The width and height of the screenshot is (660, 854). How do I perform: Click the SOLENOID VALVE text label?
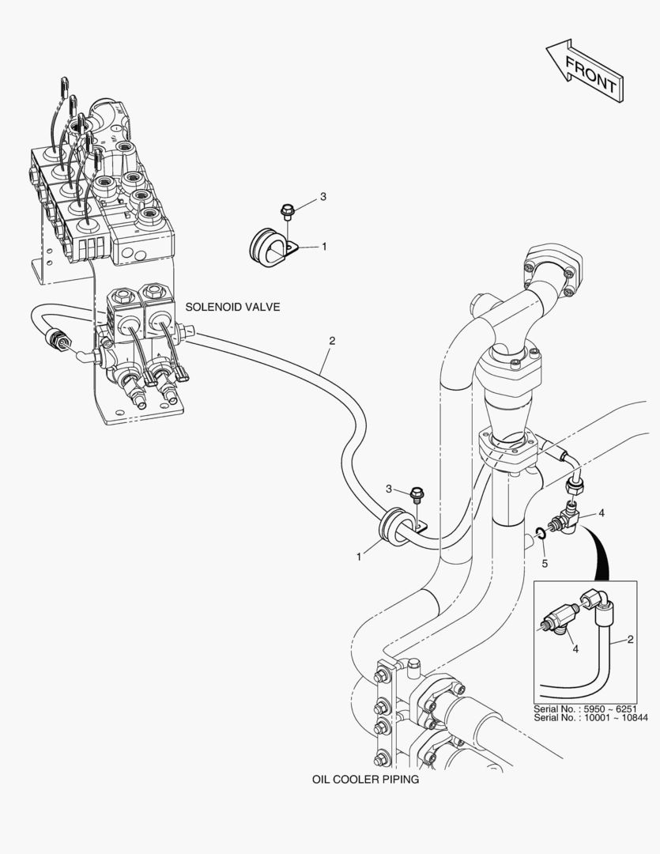tap(232, 306)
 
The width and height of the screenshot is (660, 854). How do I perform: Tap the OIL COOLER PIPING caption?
tap(364, 779)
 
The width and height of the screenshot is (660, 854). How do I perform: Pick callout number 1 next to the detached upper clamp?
tap(324, 247)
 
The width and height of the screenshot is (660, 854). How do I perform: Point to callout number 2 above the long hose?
tap(332, 342)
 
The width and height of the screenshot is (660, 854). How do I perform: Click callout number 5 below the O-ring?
tap(544, 563)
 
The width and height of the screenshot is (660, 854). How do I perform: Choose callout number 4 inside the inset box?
tap(575, 648)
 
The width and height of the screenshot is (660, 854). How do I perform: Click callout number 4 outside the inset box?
tap(602, 513)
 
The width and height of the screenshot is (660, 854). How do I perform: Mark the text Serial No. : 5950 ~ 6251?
tap(585, 709)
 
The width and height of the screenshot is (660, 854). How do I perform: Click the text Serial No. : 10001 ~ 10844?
tap(590, 718)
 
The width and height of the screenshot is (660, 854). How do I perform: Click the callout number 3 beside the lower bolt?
tap(390, 489)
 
